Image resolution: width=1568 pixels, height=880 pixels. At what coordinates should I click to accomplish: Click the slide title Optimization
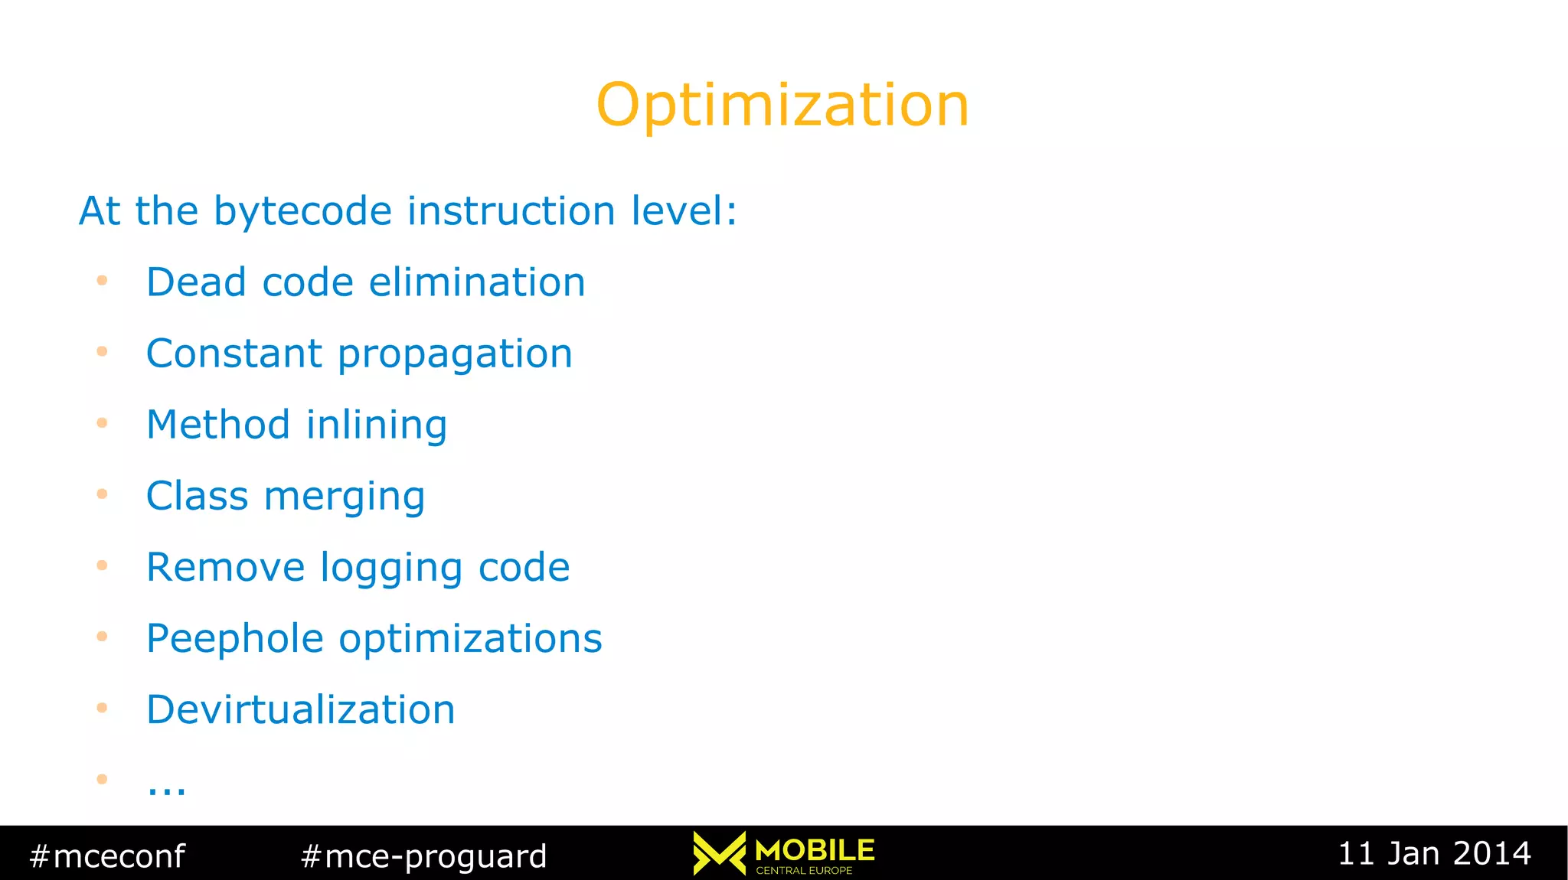coord(782,106)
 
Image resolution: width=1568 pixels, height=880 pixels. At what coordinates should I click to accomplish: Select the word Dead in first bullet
coord(196,282)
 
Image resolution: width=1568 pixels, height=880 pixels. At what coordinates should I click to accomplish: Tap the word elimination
coord(477,282)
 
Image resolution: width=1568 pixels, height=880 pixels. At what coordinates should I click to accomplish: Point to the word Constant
coord(234,354)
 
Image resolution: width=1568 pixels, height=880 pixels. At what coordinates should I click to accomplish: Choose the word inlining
coord(377,425)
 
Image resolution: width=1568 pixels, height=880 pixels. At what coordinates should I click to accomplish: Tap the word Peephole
coord(235,640)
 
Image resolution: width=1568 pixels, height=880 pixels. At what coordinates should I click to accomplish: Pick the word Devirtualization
coord(301,710)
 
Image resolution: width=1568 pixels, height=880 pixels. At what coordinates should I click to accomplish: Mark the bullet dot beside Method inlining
coord(102,423)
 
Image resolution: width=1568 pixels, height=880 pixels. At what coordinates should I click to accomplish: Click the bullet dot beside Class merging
coord(102,494)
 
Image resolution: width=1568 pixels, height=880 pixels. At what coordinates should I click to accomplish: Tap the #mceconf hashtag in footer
coord(107,856)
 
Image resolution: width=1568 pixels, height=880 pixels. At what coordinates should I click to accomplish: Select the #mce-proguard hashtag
coord(424,856)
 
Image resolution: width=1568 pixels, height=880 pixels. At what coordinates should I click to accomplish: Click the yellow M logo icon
coord(719,853)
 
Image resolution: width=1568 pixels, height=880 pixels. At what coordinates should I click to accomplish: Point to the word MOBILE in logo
coord(815,850)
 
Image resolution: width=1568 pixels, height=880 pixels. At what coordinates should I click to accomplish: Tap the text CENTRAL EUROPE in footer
coord(804,871)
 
